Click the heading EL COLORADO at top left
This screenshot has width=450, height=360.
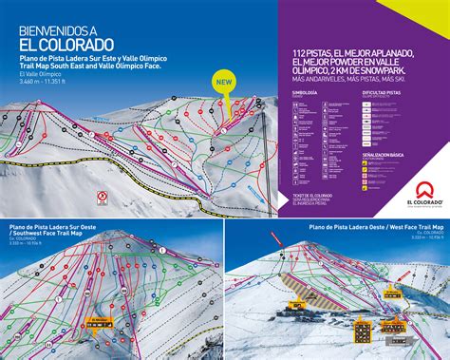tap(66, 44)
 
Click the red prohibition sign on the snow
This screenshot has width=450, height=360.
tap(101, 199)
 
